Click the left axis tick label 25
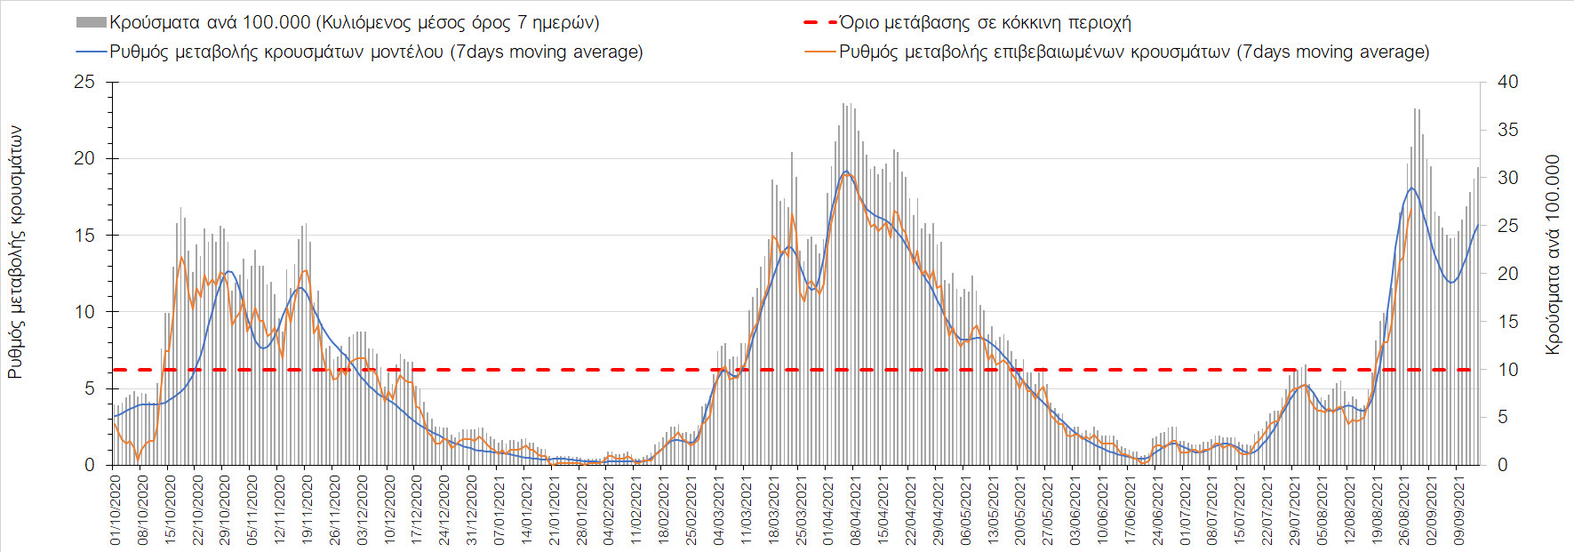[x=84, y=82]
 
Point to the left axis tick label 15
[x=84, y=236]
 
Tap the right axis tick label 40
[x=1508, y=82]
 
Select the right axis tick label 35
[x=1508, y=130]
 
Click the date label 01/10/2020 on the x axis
[x=116, y=509]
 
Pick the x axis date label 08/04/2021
[x=855, y=509]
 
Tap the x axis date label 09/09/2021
[x=1458, y=509]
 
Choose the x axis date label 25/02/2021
[x=691, y=509]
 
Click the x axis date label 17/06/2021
[x=1130, y=509]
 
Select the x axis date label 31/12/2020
[x=472, y=509]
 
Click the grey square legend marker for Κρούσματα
[x=92, y=22]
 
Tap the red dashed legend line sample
[x=820, y=22]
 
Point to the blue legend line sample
[x=92, y=52]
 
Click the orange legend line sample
[x=820, y=52]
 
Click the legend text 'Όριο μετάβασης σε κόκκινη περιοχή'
[x=985, y=22]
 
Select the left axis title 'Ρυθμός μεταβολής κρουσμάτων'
[x=15, y=252]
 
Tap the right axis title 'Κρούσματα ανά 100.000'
[x=1553, y=255]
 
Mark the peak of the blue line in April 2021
[x=846, y=171]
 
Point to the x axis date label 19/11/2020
[x=308, y=509]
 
